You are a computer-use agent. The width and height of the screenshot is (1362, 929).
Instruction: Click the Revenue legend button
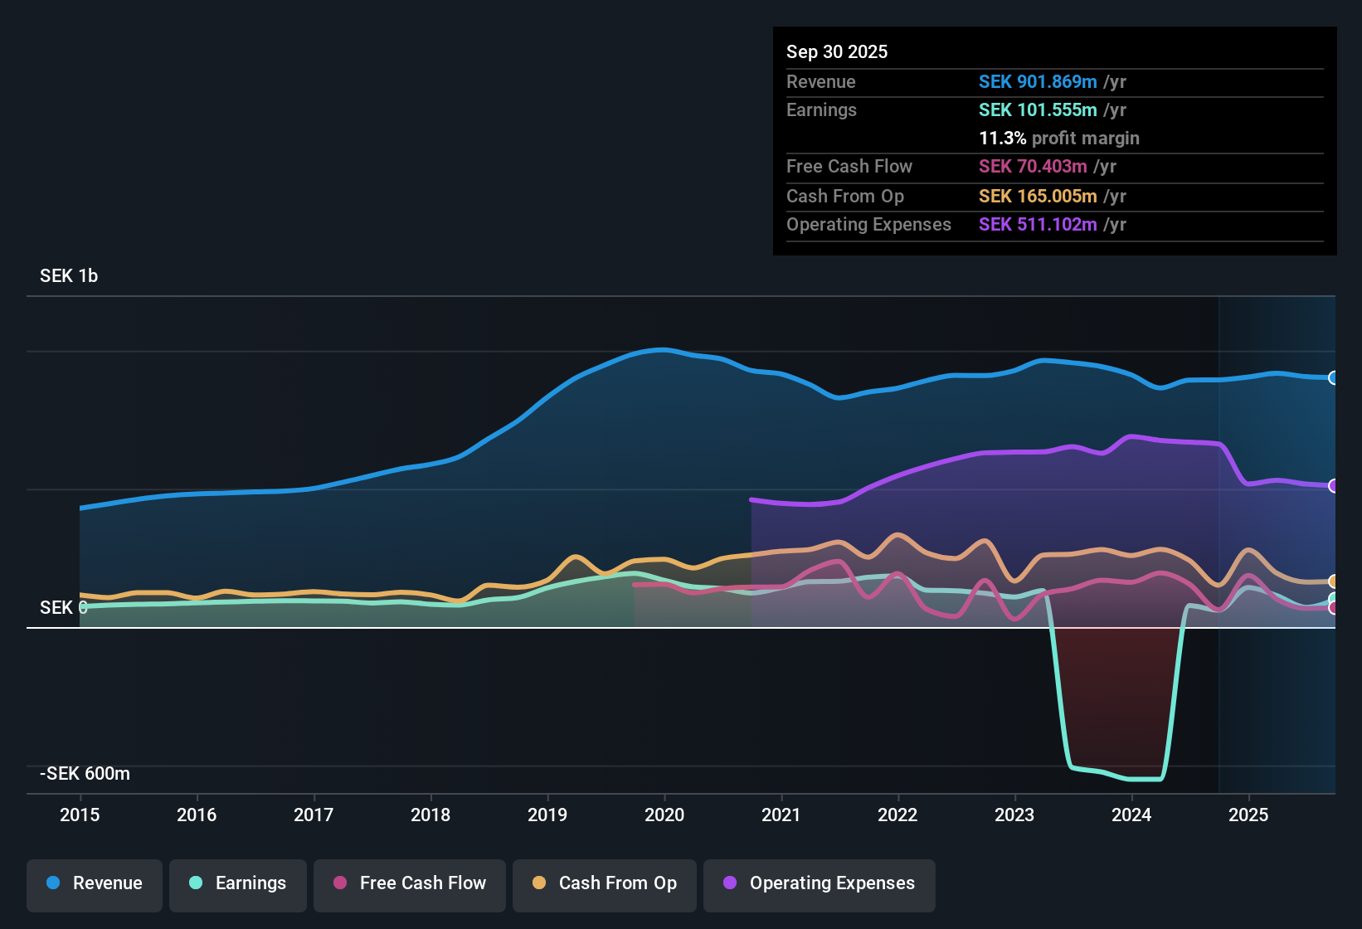(95, 883)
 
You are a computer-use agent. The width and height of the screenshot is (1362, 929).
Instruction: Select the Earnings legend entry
(238, 883)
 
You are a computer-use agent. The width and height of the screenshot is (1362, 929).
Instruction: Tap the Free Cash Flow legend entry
(410, 883)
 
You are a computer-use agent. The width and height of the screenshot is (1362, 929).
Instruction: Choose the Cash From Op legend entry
(605, 883)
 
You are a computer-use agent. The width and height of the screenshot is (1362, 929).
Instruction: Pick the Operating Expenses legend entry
(820, 883)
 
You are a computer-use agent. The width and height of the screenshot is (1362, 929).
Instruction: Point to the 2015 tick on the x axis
(80, 815)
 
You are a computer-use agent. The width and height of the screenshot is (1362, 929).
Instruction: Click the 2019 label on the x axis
(547, 815)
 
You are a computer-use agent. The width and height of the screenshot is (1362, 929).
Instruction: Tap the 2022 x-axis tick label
(897, 815)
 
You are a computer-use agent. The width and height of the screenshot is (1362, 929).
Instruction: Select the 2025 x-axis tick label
(1248, 815)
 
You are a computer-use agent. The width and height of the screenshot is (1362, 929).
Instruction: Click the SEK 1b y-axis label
(69, 276)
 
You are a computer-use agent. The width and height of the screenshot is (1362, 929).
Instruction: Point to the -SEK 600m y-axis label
(85, 774)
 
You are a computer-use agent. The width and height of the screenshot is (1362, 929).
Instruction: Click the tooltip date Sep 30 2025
(837, 52)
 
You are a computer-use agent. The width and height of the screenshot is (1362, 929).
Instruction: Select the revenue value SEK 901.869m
(1038, 82)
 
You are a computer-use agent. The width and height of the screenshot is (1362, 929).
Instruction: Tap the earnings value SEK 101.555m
(1038, 110)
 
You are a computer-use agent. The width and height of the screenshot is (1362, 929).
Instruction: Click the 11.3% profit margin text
(1059, 139)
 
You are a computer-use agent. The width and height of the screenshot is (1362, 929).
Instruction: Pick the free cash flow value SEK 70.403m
(1033, 167)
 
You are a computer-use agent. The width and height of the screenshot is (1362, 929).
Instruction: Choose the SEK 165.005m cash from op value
(1038, 197)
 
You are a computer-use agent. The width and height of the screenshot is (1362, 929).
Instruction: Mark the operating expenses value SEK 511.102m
(1038, 225)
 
